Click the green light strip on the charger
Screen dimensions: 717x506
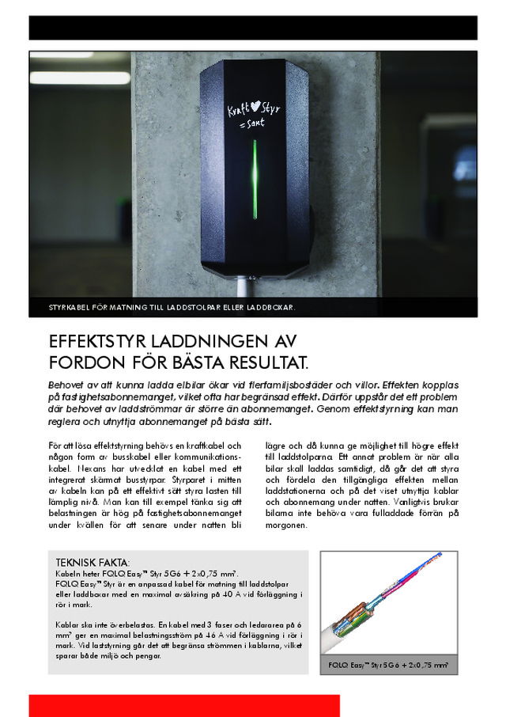[254, 180]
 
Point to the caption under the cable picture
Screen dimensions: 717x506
[393, 666]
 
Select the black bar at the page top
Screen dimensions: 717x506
[253, 28]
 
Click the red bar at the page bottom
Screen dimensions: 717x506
[184, 705]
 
